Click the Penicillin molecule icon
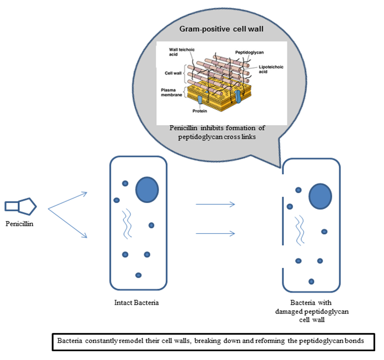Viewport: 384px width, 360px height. pos(21,206)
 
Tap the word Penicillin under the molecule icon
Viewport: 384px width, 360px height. pos(21,223)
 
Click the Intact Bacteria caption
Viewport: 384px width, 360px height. pos(134,302)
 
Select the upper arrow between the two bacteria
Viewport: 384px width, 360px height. pos(215,205)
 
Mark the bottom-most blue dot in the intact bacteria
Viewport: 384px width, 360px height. pos(138,274)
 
